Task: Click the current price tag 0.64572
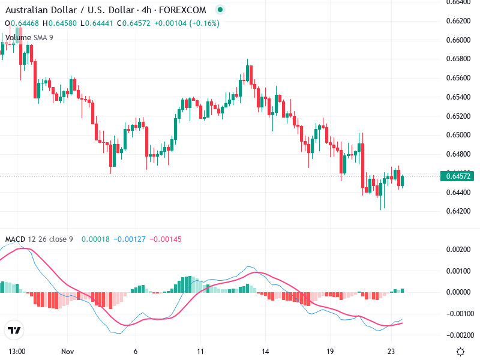point(459,176)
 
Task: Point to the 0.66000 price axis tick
point(459,40)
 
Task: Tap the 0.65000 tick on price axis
point(459,135)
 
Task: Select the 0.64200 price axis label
point(459,211)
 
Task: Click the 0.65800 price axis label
point(459,59)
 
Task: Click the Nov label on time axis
point(67,352)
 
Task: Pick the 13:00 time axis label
point(16,352)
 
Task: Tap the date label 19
point(329,352)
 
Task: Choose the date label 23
point(392,352)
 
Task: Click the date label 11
point(201,352)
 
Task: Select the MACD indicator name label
point(15,239)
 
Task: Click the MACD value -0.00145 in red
point(164,239)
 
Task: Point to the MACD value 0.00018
point(94,239)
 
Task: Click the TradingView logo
point(14,330)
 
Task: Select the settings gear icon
point(460,352)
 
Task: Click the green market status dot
point(220,10)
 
